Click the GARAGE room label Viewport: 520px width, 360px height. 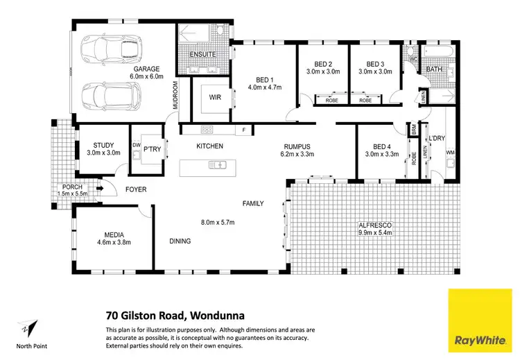click(x=148, y=69)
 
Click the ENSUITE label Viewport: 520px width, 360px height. click(x=202, y=54)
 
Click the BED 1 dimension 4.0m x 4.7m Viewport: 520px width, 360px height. click(x=262, y=87)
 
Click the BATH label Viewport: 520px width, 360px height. click(x=434, y=69)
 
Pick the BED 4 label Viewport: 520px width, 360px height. click(x=382, y=146)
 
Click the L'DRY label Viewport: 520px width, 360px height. click(x=436, y=139)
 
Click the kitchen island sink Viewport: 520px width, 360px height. click(x=218, y=165)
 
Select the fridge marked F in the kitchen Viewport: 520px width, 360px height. click(x=243, y=130)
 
